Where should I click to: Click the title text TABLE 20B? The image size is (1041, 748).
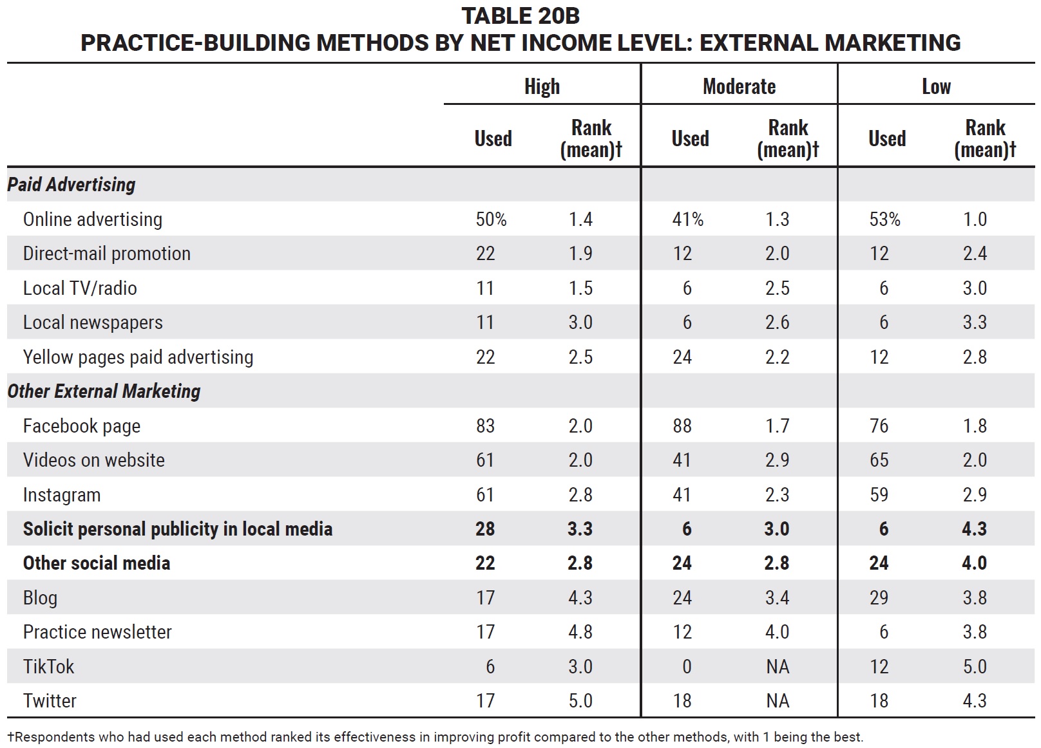[x=520, y=16]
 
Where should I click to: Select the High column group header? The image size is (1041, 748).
[x=542, y=86]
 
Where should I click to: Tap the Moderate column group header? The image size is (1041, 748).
[x=739, y=86]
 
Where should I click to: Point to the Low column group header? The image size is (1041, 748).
[x=936, y=86]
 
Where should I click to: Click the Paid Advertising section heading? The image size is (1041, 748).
[x=71, y=184]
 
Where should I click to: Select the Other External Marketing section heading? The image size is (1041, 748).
[x=104, y=391]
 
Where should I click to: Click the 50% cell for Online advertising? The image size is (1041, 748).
[x=491, y=219]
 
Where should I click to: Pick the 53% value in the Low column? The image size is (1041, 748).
[x=884, y=219]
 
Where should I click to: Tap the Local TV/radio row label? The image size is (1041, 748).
[x=80, y=288]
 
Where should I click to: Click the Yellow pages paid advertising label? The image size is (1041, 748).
[x=138, y=357]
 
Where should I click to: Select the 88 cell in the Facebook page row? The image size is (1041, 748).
[x=682, y=425]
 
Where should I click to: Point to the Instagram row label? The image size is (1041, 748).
[x=62, y=495]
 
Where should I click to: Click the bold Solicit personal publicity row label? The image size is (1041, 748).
[x=178, y=529]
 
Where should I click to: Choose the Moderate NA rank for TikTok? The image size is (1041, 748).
[x=777, y=666]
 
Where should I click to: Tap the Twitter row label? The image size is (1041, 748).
[x=50, y=700]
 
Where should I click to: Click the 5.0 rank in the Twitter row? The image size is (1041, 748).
[x=580, y=700]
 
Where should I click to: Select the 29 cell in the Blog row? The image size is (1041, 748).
[x=879, y=597]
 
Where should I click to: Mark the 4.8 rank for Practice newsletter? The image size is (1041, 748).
[x=580, y=632]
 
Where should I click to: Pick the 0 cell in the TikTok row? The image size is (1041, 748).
[x=687, y=666]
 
